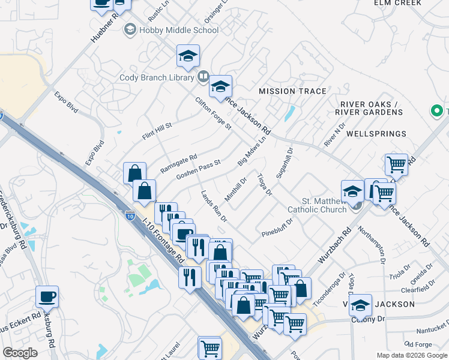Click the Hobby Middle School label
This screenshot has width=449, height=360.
(x=170, y=30)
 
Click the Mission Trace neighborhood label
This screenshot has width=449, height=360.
(x=292, y=91)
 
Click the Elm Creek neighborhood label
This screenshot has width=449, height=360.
(x=398, y=3)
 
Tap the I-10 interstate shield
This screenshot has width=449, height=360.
(x=130, y=214)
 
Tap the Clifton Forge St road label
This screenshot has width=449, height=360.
(x=213, y=113)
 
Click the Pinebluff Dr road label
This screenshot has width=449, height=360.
(x=277, y=227)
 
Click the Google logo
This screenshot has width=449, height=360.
(x=20, y=353)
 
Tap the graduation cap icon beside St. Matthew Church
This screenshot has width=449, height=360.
(x=352, y=191)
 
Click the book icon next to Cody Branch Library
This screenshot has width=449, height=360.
(x=203, y=77)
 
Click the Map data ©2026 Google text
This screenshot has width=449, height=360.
(x=412, y=355)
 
